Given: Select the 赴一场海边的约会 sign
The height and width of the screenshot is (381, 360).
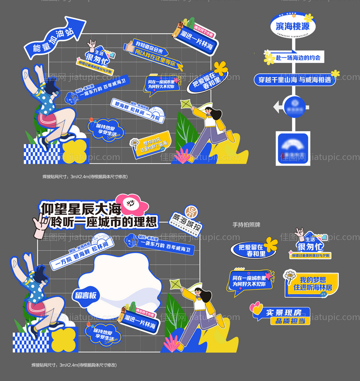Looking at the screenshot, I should (x=298, y=58).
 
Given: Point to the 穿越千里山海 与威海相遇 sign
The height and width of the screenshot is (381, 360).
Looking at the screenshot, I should (x=295, y=80).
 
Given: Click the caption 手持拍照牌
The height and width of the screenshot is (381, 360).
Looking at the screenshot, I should (x=246, y=225).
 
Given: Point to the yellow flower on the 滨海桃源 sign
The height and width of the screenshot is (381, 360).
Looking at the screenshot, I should (x=308, y=18).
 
